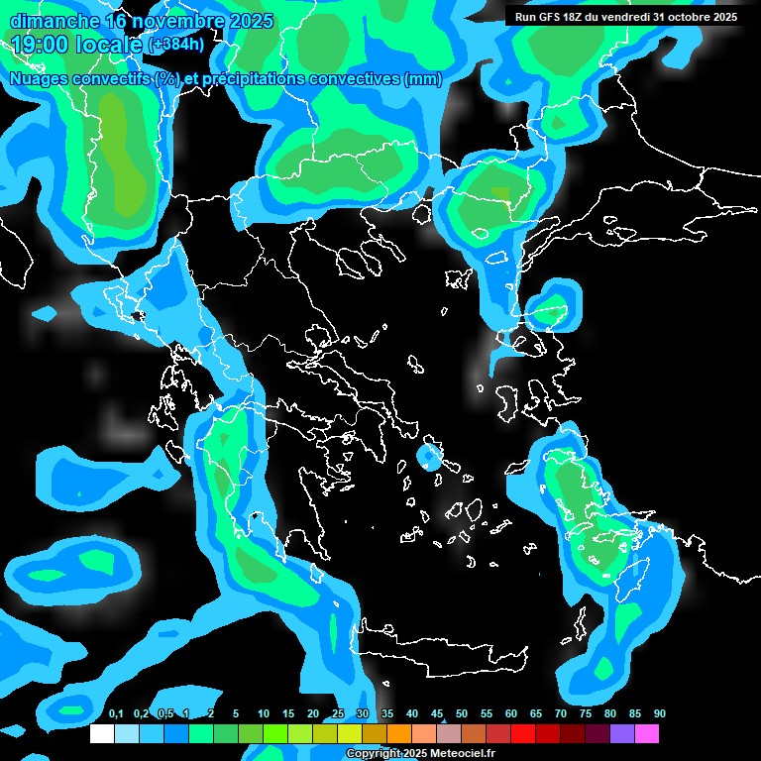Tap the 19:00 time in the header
click(43, 44)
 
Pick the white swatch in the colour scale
click(102, 734)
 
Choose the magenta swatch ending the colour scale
click(647, 734)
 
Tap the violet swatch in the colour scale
click(622, 734)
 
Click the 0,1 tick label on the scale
click(116, 714)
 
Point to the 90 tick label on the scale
click(660, 714)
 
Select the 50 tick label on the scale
click(462, 714)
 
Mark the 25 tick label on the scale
click(338, 714)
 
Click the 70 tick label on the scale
click(561, 714)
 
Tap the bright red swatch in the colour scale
click(523, 734)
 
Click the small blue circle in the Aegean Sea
click(430, 458)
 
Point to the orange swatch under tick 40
click(399, 734)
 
